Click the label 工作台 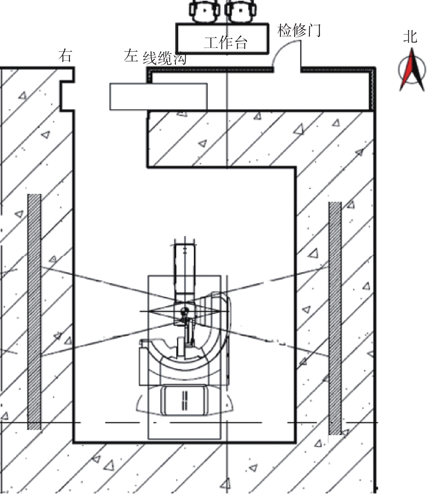tap(226, 43)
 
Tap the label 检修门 tap(299, 30)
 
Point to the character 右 tap(65, 56)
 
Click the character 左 tap(131, 56)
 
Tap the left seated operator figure tap(205, 11)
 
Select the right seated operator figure tap(241, 11)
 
